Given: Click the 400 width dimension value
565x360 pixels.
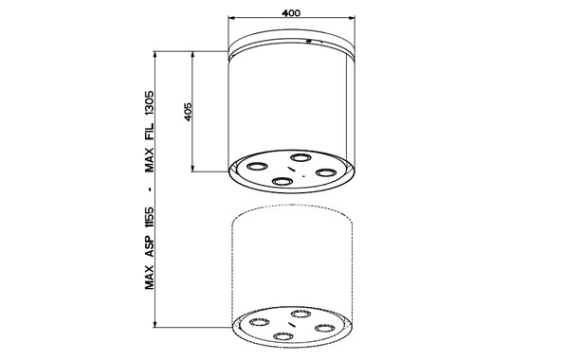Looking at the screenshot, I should tap(293, 9).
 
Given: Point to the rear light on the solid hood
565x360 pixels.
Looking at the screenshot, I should tap(301, 157).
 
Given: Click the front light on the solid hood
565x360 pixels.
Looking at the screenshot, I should tap(282, 182).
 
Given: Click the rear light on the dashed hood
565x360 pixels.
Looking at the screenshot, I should tap(301, 314).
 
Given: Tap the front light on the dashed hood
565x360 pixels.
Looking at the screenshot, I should tap(282, 337).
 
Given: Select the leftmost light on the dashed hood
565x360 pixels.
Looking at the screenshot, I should tap(256, 323).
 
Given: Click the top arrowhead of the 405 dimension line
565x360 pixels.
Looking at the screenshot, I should tap(194, 54).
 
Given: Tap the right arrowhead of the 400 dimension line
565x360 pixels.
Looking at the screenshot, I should tap(356, 18).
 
